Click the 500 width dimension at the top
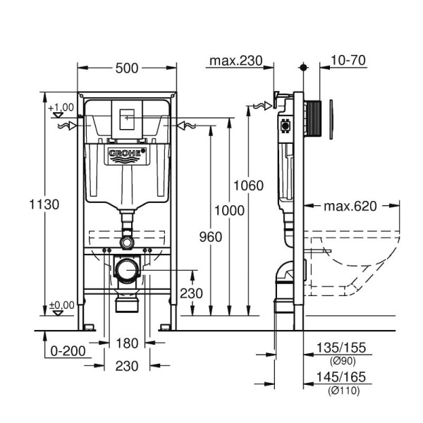tap(127, 68)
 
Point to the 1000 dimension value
tap(230, 210)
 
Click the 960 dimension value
tap(210, 237)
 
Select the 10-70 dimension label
tap(348, 61)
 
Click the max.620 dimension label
tap(350, 207)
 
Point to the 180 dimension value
tap(126, 343)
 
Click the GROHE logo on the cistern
tap(127, 154)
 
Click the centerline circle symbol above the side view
tap(303, 68)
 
